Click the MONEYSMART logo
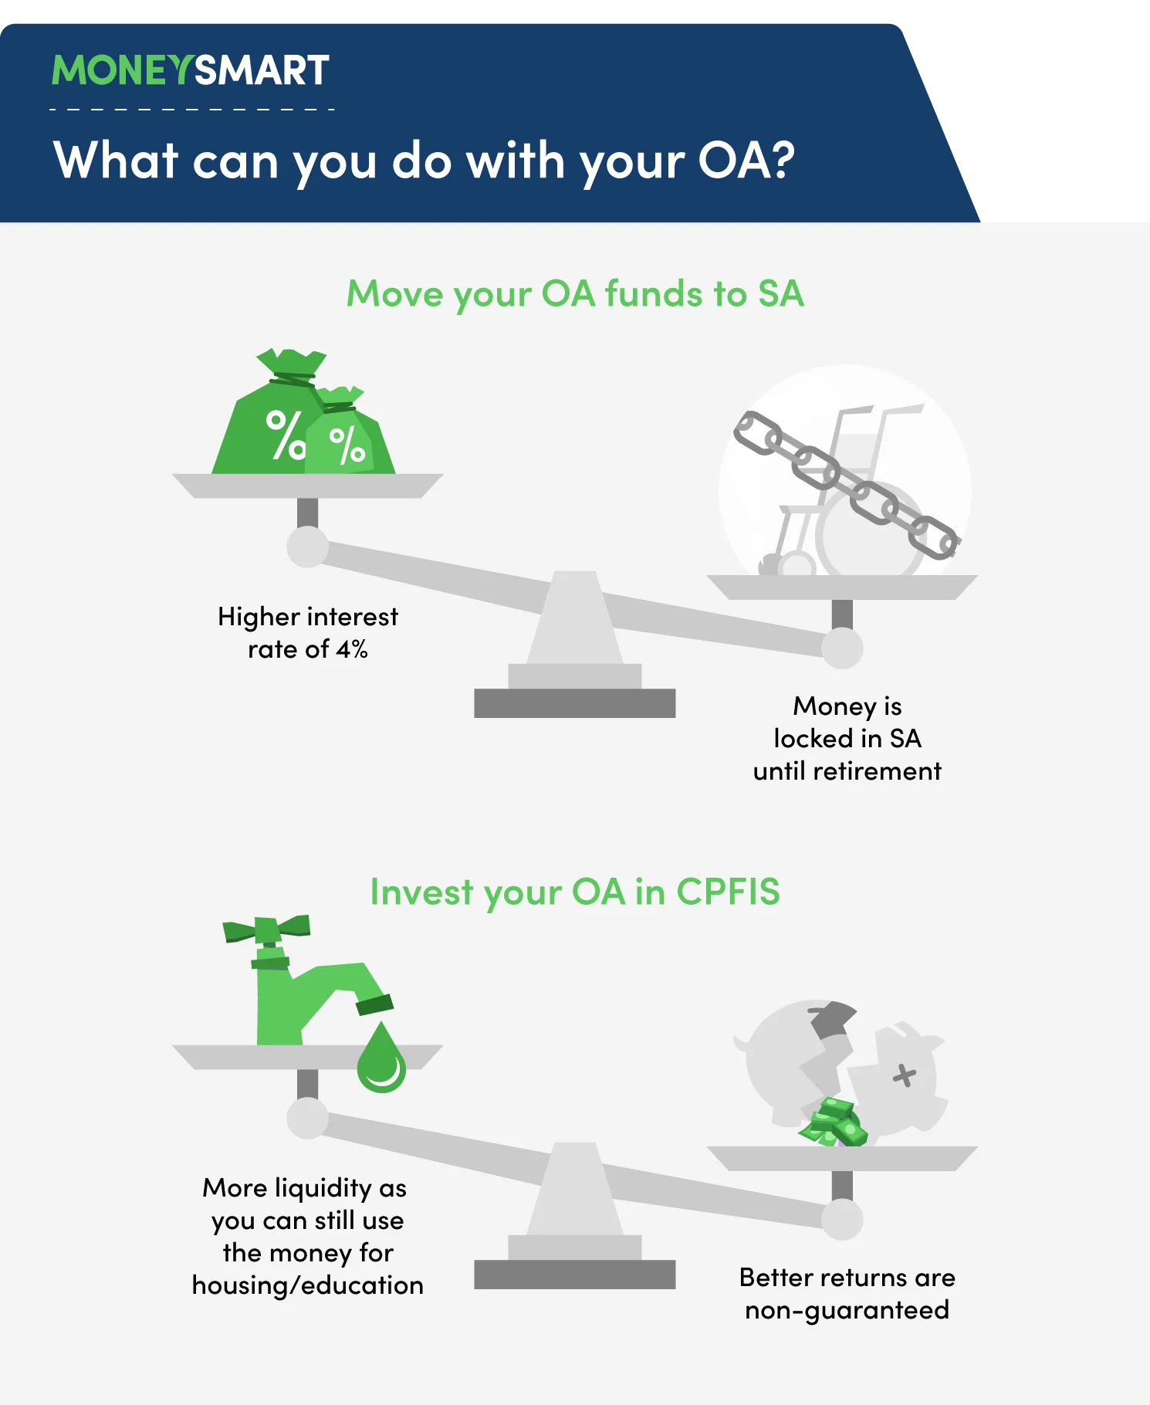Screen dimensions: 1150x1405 click(x=191, y=70)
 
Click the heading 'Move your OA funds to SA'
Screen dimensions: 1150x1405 click(x=575, y=294)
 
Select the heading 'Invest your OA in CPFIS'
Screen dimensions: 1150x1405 click(x=575, y=892)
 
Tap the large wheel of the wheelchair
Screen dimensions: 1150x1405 click(x=868, y=533)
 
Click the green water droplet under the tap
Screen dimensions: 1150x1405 click(x=381, y=1058)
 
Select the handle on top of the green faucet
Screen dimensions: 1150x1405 click(x=267, y=929)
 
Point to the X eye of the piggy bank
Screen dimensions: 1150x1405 click(x=905, y=1075)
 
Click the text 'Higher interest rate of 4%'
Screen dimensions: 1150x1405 click(x=308, y=633)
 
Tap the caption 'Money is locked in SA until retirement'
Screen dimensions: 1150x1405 click(x=847, y=739)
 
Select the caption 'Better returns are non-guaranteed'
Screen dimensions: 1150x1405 click(x=847, y=1294)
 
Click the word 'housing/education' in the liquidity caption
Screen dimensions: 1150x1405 click(x=308, y=1285)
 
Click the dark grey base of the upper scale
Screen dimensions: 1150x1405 click(x=575, y=703)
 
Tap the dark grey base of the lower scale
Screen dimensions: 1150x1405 click(x=575, y=1275)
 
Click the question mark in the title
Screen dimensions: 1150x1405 click(x=781, y=159)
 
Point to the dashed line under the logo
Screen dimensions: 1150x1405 click(x=192, y=110)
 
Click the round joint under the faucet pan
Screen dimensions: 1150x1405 click(x=308, y=1119)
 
